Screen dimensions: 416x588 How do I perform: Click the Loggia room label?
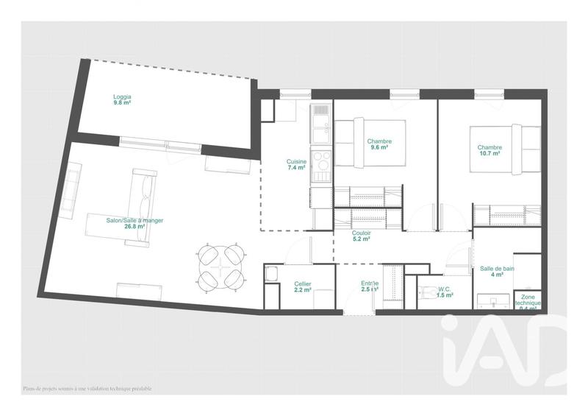tap(122, 100)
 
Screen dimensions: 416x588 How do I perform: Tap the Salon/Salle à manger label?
tap(135, 223)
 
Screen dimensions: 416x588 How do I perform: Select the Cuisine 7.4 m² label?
tap(296, 164)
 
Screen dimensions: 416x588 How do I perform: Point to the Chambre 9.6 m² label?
tap(380, 144)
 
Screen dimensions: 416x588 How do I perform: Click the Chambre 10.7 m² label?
tap(490, 152)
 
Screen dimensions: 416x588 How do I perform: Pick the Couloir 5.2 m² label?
tap(361, 236)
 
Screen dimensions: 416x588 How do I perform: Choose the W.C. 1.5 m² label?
tap(445, 292)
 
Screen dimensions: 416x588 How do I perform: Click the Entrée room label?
tap(370, 287)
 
